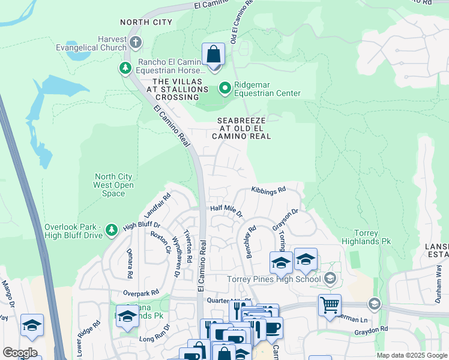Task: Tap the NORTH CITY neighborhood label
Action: [146, 22]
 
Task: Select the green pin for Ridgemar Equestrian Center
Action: [225, 89]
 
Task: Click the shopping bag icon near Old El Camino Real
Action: [213, 55]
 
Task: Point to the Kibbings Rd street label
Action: [268, 189]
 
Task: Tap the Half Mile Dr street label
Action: [226, 211]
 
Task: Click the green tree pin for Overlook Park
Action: [111, 230]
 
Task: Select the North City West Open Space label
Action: [114, 185]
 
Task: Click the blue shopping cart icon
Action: [330, 305]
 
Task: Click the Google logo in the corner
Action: [20, 352]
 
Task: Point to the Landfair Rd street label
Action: [157, 205]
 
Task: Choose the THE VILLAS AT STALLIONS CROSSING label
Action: [176, 89]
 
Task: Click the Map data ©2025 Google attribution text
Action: [411, 355]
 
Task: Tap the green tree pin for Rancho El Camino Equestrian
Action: [125, 68]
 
